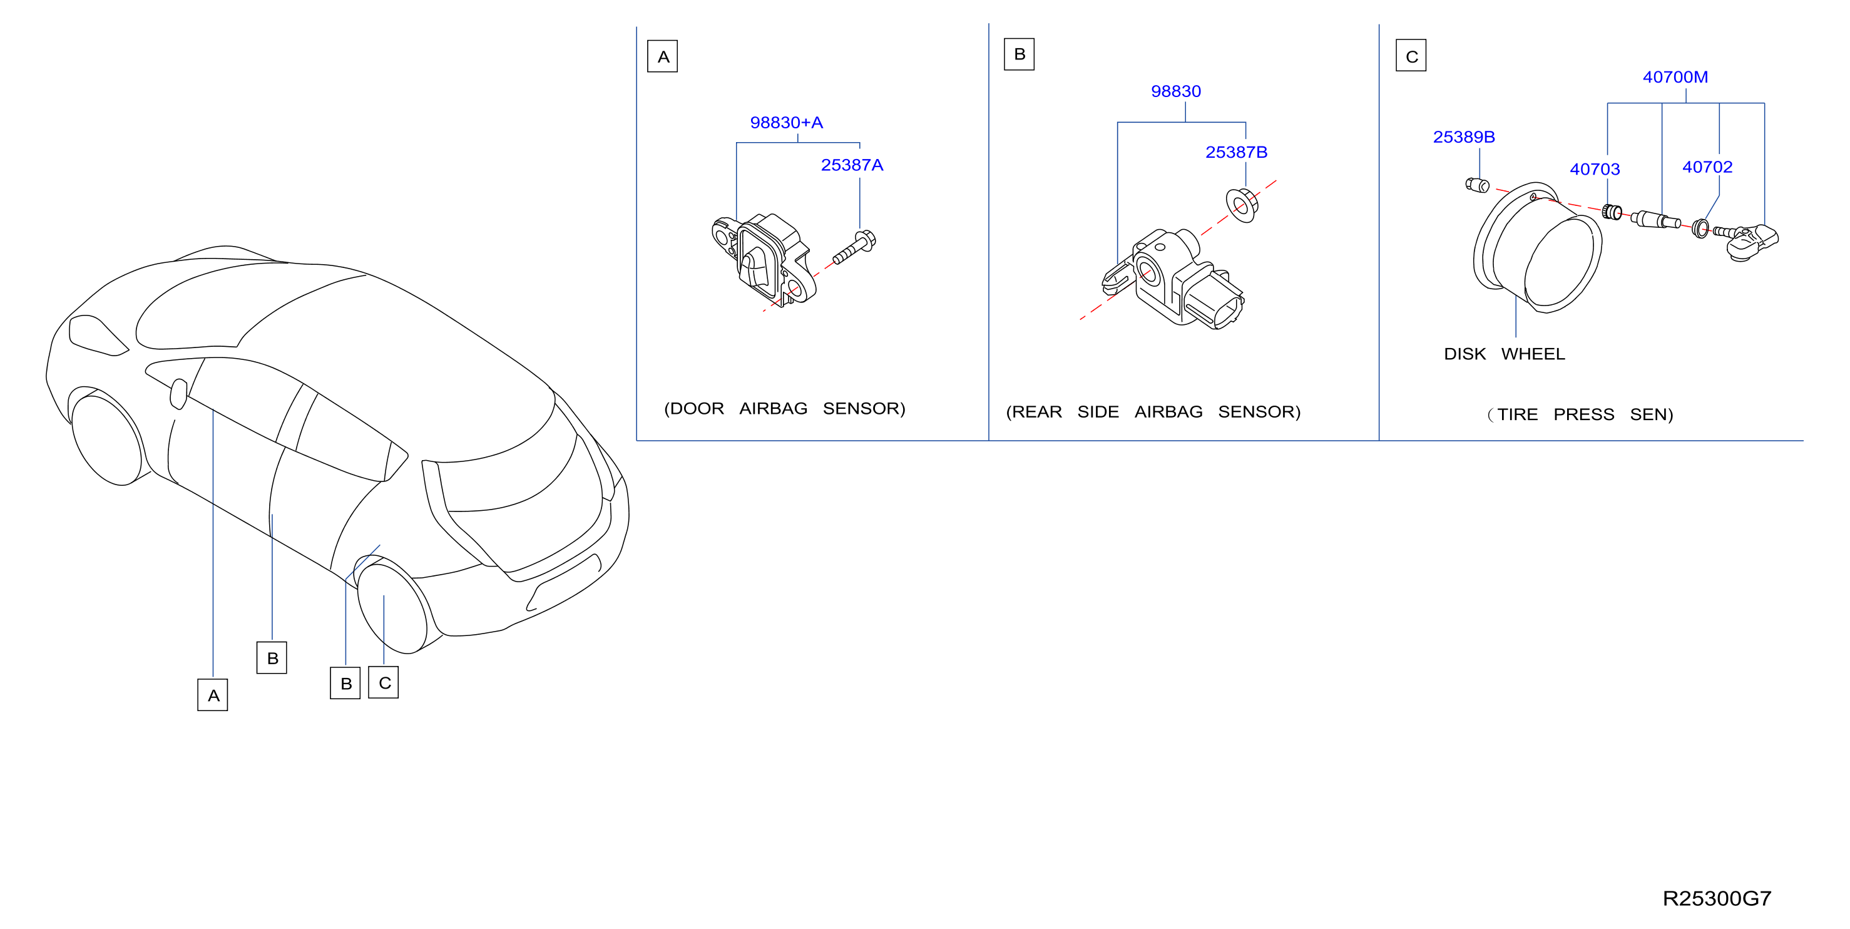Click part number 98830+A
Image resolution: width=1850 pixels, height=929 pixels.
[x=787, y=123]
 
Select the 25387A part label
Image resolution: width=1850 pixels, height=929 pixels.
[x=852, y=165]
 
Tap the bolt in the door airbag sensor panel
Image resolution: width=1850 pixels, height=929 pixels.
[x=854, y=247]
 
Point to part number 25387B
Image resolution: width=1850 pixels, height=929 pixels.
[x=1236, y=152]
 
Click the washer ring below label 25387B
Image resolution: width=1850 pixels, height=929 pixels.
[x=1242, y=205]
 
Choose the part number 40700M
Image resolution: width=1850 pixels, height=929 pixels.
[x=1675, y=77]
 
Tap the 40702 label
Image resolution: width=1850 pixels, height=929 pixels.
[x=1707, y=167]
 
